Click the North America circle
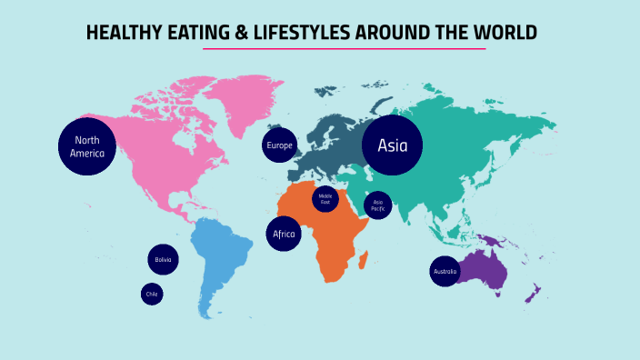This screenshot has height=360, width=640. [x=87, y=145]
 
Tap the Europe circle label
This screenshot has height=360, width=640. [x=280, y=145]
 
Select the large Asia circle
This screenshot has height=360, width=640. [x=393, y=145]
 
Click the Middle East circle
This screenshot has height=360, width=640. [x=325, y=198]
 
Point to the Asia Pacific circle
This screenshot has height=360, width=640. [x=378, y=205]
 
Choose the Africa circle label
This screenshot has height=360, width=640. [x=284, y=234]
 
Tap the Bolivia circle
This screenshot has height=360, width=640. [x=163, y=260]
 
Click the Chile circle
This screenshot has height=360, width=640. [x=152, y=294]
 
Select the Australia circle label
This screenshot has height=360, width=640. [x=445, y=272]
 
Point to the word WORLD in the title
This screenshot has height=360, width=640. [x=505, y=34]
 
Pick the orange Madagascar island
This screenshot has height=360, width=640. [x=365, y=261]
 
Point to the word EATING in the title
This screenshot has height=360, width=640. [x=186, y=34]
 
